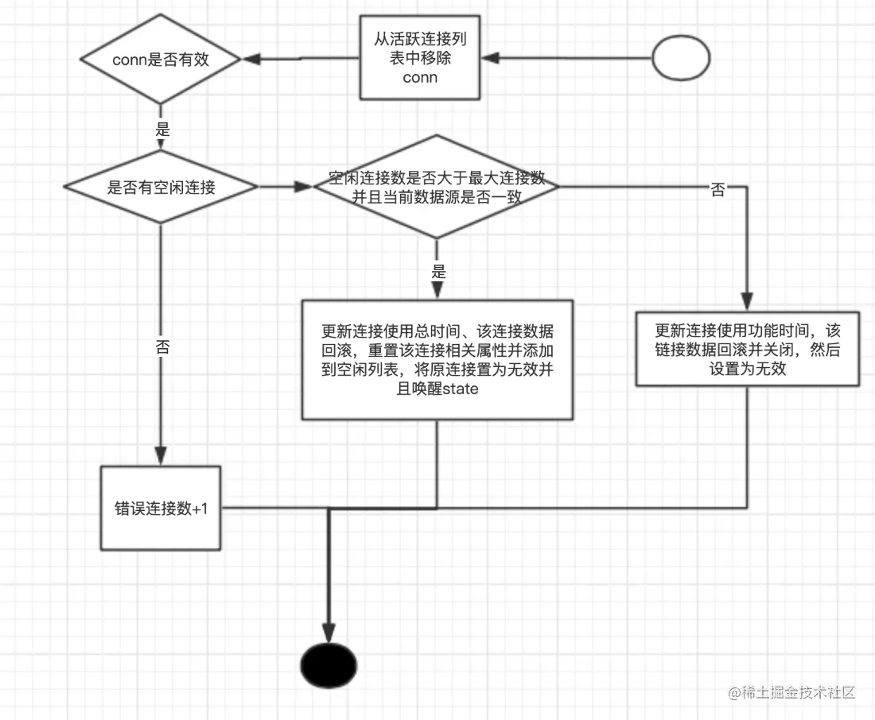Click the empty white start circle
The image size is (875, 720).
point(681,58)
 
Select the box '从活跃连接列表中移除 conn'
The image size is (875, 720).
point(420,57)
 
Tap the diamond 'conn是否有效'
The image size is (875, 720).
point(161,59)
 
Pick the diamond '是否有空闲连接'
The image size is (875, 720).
point(161,188)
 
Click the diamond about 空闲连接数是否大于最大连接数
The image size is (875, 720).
point(436,188)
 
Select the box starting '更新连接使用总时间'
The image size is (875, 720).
point(437,359)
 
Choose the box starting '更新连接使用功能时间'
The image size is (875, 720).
point(748,348)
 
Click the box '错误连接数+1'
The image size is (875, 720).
point(161,509)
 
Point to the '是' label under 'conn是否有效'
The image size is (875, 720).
point(162,130)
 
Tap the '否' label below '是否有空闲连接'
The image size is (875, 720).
point(161,347)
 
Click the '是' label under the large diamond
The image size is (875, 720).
point(437,272)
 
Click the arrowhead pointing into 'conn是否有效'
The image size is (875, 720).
point(251,59)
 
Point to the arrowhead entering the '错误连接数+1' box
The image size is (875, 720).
point(161,457)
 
